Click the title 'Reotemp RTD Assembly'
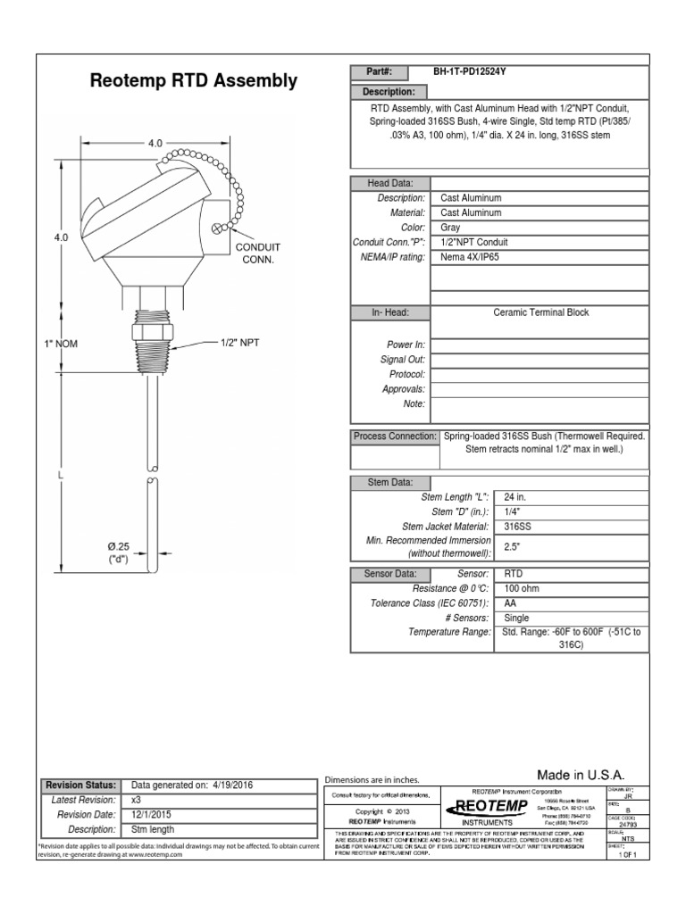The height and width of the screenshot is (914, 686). pyautogui.click(x=194, y=81)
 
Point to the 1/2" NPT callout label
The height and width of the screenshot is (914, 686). pyautogui.click(x=240, y=343)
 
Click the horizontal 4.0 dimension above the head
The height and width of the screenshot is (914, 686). pyautogui.click(x=155, y=143)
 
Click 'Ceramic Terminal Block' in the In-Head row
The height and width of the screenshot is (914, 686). pyautogui.click(x=541, y=312)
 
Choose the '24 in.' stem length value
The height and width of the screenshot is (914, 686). pyautogui.click(x=515, y=497)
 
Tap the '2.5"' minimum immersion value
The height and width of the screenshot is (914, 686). pyautogui.click(x=512, y=545)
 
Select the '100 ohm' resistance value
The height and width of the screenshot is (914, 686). pyautogui.click(x=523, y=589)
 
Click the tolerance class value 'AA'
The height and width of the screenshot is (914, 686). pyautogui.click(x=510, y=604)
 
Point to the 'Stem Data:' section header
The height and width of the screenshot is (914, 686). pyautogui.click(x=390, y=482)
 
